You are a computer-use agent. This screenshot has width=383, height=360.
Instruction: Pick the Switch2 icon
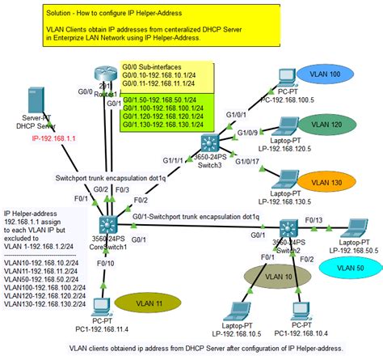pos(290,229)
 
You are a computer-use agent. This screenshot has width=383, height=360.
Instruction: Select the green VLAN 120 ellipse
pos(333,125)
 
